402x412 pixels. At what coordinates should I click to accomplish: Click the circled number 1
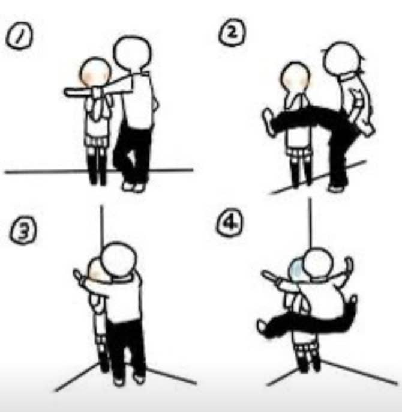pos(19,36)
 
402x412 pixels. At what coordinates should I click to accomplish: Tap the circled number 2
pos(232,33)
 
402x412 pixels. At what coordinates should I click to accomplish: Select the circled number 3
pos(23,231)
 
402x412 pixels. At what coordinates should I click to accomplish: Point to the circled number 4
pos(230,223)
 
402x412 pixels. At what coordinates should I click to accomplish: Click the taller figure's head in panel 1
pos(132,53)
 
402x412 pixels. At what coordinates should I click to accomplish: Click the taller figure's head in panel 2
pos(341,59)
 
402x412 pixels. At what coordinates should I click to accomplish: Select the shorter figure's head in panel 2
pos(295,76)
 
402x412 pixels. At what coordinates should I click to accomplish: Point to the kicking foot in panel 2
pos(269,122)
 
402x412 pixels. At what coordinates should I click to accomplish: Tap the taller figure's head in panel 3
pos(118,259)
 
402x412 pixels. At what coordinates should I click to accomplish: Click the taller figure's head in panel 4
pos(317,264)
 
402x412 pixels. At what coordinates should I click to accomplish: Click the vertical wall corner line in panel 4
pos(310,223)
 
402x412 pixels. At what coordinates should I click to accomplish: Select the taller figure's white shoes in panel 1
pos(133,187)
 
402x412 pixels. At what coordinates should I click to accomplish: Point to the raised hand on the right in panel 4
pos(349,266)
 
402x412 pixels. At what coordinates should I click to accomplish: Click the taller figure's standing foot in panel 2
pos(336,188)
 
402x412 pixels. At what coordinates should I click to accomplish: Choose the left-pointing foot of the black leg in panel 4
pos(263,328)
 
